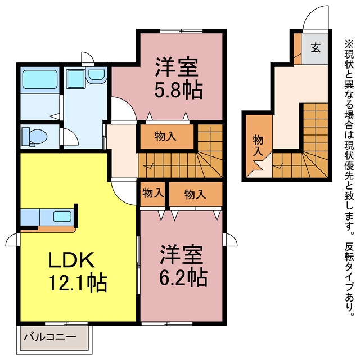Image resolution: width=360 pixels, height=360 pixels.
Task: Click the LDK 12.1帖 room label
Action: pos(78,272)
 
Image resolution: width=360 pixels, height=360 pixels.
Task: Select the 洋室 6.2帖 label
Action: pos(183,265)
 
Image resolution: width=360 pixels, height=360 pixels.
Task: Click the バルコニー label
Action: pos(50,337)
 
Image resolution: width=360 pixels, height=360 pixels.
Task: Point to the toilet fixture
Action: pos(34,137)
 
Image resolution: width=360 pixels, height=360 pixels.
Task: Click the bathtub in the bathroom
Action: pos(40,79)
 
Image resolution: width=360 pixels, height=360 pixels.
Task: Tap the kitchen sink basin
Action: pos(62,216)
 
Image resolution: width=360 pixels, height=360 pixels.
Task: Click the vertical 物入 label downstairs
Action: pos(258,146)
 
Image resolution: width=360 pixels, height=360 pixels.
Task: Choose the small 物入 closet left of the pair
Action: pos(153,193)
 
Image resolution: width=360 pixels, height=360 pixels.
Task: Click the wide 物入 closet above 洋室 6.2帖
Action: pos(195,194)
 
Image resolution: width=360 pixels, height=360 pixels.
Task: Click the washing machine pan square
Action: pos(76,79)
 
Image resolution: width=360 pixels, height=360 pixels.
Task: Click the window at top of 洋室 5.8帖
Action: pos(181,31)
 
